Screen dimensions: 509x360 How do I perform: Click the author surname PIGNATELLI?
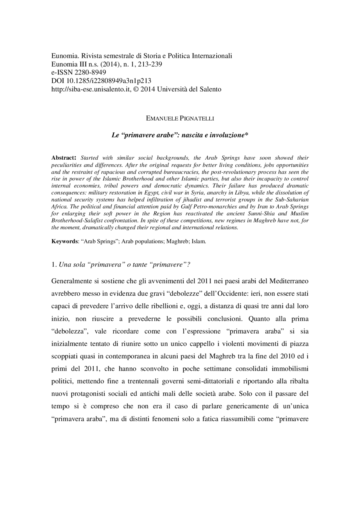197,119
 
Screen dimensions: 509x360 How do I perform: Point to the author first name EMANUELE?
162,119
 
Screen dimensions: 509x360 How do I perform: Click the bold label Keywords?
64,241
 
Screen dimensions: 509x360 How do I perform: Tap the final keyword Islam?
199,241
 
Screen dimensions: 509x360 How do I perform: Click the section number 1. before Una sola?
54,265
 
